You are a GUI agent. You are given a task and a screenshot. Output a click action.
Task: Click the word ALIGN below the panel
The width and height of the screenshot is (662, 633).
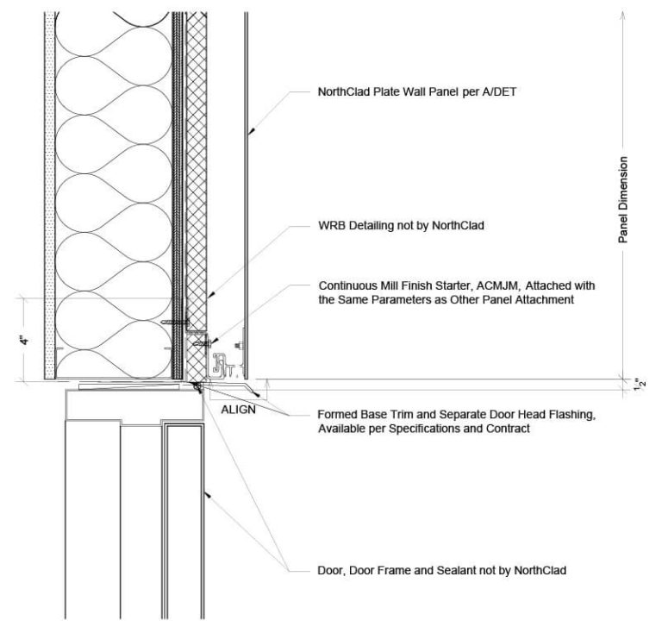tap(238, 410)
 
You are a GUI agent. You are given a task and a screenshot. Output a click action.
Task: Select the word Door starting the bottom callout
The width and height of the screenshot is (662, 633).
tap(331, 570)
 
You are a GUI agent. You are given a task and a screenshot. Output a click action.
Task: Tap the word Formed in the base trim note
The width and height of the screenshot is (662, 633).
tap(337, 415)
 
